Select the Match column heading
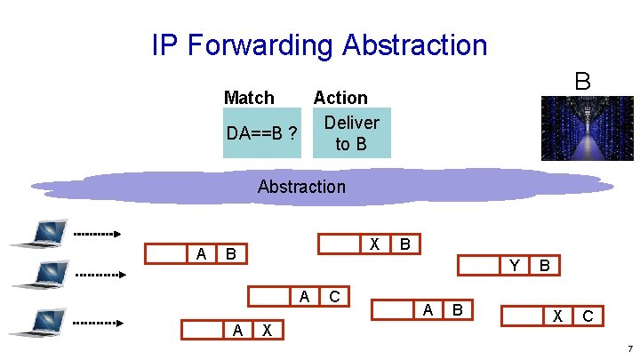tap(249, 97)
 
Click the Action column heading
tap(340, 98)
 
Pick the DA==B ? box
tap(261, 133)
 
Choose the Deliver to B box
tap(351, 132)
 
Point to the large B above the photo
tap(582, 82)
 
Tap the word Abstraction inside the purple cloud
tap(301, 187)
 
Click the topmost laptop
tap(37, 234)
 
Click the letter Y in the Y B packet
tap(514, 265)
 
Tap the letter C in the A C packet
tap(334, 297)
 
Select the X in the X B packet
tap(375, 244)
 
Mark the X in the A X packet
tap(268, 330)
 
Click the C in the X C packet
tap(588, 316)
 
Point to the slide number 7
tap(628, 349)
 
